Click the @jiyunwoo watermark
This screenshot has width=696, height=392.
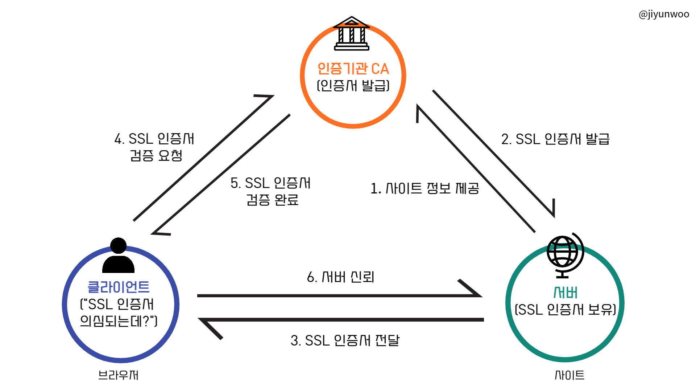tap(664, 14)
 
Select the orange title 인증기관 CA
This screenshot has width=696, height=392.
tap(353, 69)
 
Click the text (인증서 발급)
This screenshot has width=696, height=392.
tap(353, 86)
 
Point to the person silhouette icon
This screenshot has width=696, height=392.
tap(118, 256)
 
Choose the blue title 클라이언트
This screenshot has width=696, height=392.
tap(119, 287)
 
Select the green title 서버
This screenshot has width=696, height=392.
tap(565, 293)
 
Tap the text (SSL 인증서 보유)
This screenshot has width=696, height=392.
tap(565, 310)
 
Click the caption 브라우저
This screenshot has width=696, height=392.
tap(118, 375)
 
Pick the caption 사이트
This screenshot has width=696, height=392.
tap(569, 375)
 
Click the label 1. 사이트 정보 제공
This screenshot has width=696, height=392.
tap(424, 188)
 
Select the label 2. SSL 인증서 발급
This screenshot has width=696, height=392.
tap(555, 139)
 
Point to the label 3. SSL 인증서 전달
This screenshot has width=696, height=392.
tap(345, 340)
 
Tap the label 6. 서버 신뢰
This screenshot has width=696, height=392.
tap(340, 277)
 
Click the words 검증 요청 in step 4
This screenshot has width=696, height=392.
tap(156, 155)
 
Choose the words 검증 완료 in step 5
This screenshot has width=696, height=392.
tap(272, 200)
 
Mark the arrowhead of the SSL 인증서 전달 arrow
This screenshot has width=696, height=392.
tap(208, 326)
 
